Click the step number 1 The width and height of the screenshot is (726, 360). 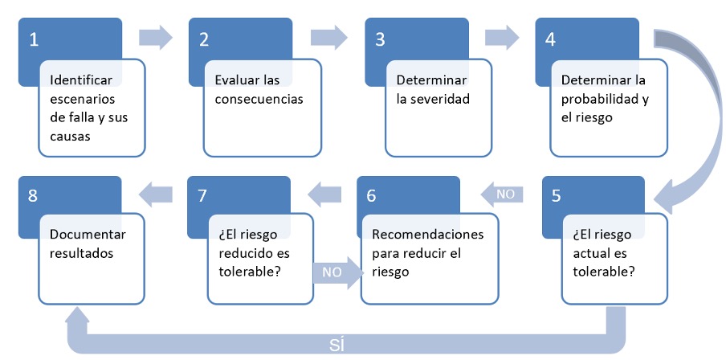(x=34, y=40)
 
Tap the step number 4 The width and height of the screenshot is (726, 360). (x=550, y=40)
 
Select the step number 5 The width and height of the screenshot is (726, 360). (x=556, y=196)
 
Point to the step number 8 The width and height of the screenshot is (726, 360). (x=32, y=196)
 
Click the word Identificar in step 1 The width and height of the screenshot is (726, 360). (x=81, y=80)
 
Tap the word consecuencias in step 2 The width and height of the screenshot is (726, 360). (x=259, y=99)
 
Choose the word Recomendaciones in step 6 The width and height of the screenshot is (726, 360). (x=428, y=234)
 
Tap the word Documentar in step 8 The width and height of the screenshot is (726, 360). (x=88, y=235)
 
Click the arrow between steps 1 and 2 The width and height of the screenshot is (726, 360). (x=156, y=37)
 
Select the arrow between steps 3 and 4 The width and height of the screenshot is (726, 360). (x=502, y=37)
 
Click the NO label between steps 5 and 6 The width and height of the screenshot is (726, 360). (x=505, y=194)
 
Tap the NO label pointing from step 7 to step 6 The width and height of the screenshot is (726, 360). (x=332, y=272)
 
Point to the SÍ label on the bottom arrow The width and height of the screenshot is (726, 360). (x=337, y=346)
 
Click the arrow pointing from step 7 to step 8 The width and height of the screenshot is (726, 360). (x=156, y=194)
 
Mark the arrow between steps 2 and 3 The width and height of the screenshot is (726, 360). (x=328, y=37)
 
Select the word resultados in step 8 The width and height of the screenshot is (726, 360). (x=81, y=254)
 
